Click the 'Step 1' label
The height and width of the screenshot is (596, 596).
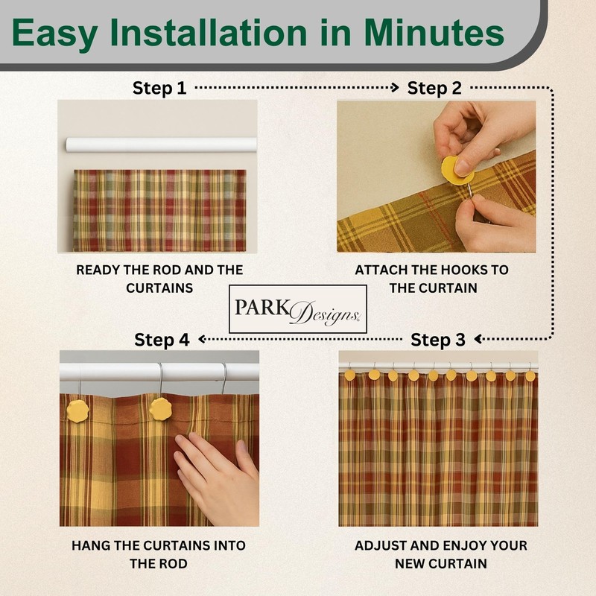click(159, 88)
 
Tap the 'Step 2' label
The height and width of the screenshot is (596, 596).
click(434, 88)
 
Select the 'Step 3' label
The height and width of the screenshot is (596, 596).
click(438, 340)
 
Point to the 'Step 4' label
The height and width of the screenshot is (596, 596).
click(162, 340)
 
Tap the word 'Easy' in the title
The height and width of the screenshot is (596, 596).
click(63, 34)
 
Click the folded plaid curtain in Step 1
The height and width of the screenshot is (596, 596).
click(159, 210)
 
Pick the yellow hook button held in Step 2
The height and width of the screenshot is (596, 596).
click(457, 171)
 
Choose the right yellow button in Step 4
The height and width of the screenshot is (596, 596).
click(161, 408)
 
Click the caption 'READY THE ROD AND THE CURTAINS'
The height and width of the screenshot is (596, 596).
click(159, 279)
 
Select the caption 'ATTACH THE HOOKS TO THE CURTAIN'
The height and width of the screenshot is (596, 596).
click(431, 279)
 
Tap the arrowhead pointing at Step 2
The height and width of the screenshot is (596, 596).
click(396, 88)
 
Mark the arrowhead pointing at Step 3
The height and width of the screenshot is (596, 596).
click(478, 340)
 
